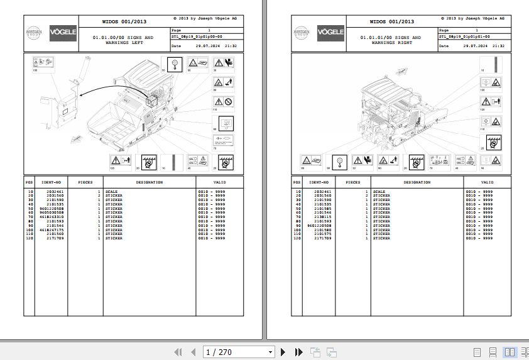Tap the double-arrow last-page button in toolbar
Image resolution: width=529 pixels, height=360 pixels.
point(297,352)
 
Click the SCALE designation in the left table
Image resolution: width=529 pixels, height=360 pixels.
point(111,191)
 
